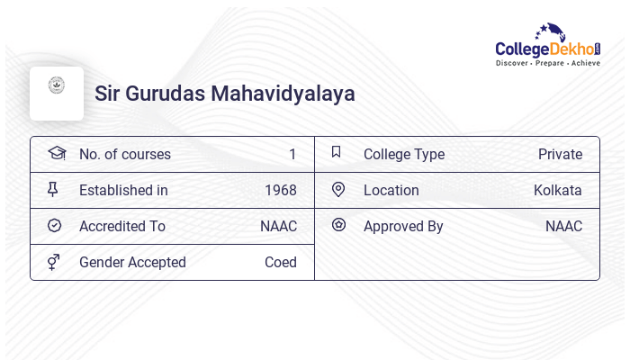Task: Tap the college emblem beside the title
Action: click(x=57, y=87)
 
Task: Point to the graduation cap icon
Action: click(x=56, y=153)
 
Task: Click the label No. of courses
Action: click(x=124, y=154)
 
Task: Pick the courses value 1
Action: click(x=292, y=154)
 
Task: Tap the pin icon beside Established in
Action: click(x=54, y=189)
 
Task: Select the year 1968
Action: click(x=280, y=190)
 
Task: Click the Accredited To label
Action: click(x=122, y=226)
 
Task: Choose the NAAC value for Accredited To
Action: click(x=278, y=226)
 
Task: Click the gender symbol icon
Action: click(x=54, y=261)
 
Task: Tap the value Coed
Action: click(x=280, y=262)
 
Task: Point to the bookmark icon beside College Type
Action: click(x=336, y=152)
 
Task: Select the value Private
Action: click(x=560, y=154)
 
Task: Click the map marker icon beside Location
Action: click(x=338, y=189)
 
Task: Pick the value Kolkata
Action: click(x=557, y=190)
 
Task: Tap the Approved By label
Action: click(x=403, y=226)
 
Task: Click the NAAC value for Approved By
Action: click(x=563, y=226)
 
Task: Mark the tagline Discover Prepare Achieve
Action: click(x=547, y=64)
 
